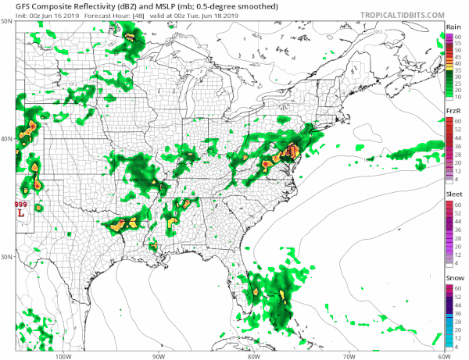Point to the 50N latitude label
click(6, 21)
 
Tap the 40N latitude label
click(6, 139)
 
